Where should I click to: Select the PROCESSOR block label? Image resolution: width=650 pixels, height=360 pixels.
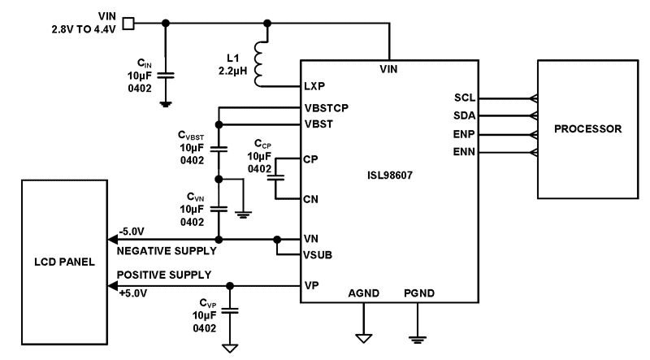[x=587, y=129]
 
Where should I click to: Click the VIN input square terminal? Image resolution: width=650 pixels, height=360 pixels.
[x=128, y=22]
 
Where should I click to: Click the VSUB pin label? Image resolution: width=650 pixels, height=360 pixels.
[x=318, y=254]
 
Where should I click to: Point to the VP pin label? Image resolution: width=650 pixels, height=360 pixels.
[x=310, y=285]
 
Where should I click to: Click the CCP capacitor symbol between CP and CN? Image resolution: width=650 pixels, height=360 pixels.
[x=278, y=176]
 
